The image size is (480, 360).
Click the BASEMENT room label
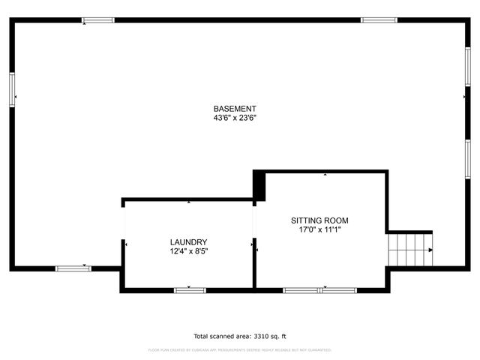coord(235,109)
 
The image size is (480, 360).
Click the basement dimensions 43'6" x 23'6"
coord(235,118)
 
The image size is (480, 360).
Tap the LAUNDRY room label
coord(188,241)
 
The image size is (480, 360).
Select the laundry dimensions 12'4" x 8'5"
coord(188,251)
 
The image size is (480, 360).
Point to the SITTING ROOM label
coord(319,220)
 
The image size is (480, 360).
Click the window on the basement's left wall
coord(12,88)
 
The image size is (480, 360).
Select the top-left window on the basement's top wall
coord(98,20)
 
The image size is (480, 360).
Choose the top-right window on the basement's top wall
coord(379,20)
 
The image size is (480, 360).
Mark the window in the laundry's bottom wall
coord(190,289)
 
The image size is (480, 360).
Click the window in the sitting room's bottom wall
coord(322,289)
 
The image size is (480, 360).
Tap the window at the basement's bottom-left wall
coord(73,268)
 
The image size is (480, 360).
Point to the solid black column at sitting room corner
coord(259,184)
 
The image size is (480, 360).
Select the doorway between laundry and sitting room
coord(255,221)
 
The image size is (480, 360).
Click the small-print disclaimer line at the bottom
coord(240,350)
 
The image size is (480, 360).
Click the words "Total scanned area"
coord(217,337)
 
